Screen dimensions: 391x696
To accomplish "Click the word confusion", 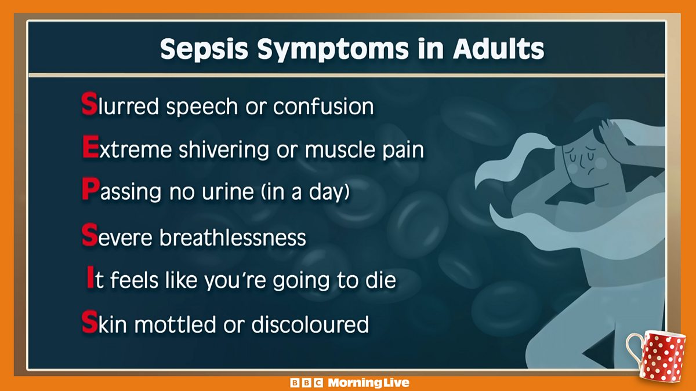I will [323, 107].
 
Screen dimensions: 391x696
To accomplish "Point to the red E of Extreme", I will [89, 149].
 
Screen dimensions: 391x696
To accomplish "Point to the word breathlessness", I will [232, 237].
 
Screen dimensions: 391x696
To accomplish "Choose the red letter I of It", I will [89, 280].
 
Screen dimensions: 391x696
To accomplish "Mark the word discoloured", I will [310, 324].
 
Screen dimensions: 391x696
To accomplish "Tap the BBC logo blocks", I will [307, 383].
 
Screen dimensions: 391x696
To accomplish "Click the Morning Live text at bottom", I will [368, 383].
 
